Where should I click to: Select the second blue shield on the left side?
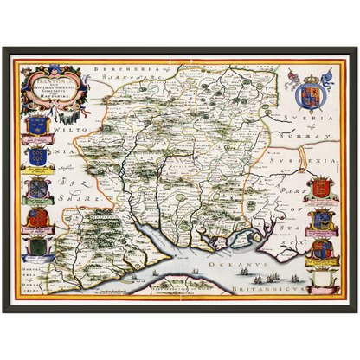click(36, 157)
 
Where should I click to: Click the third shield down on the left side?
click(35, 187)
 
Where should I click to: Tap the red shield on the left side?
click(36, 217)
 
